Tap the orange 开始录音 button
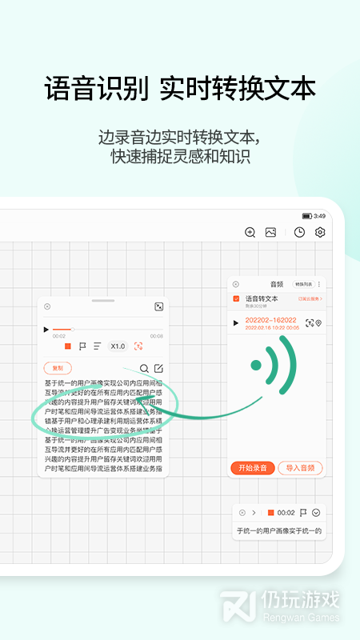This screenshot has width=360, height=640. point(253,467)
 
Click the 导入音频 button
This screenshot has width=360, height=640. point(300,467)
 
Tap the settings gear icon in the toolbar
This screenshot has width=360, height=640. point(320,232)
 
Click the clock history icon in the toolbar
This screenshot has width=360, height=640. point(299,232)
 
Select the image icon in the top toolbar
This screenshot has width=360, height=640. point(270,232)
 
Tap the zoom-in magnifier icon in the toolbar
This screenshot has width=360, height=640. point(250,232)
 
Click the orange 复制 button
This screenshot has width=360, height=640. point(57,368)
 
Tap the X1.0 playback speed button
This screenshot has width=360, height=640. point(118,346)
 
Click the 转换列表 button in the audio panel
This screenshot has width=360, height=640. point(304,284)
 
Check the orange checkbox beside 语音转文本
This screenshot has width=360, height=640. point(236,299)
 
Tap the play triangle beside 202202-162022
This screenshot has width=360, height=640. point(235,323)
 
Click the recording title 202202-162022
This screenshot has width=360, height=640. point(272,320)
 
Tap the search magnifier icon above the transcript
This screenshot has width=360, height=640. point(144,368)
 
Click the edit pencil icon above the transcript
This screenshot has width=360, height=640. point(158,368)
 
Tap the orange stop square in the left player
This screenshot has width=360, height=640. point(68,346)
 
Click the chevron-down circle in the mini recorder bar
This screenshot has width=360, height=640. point(316,512)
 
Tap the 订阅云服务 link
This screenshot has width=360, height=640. point(309,298)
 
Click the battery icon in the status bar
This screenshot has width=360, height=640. point(306,216)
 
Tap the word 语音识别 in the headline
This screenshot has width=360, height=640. point(96,88)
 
